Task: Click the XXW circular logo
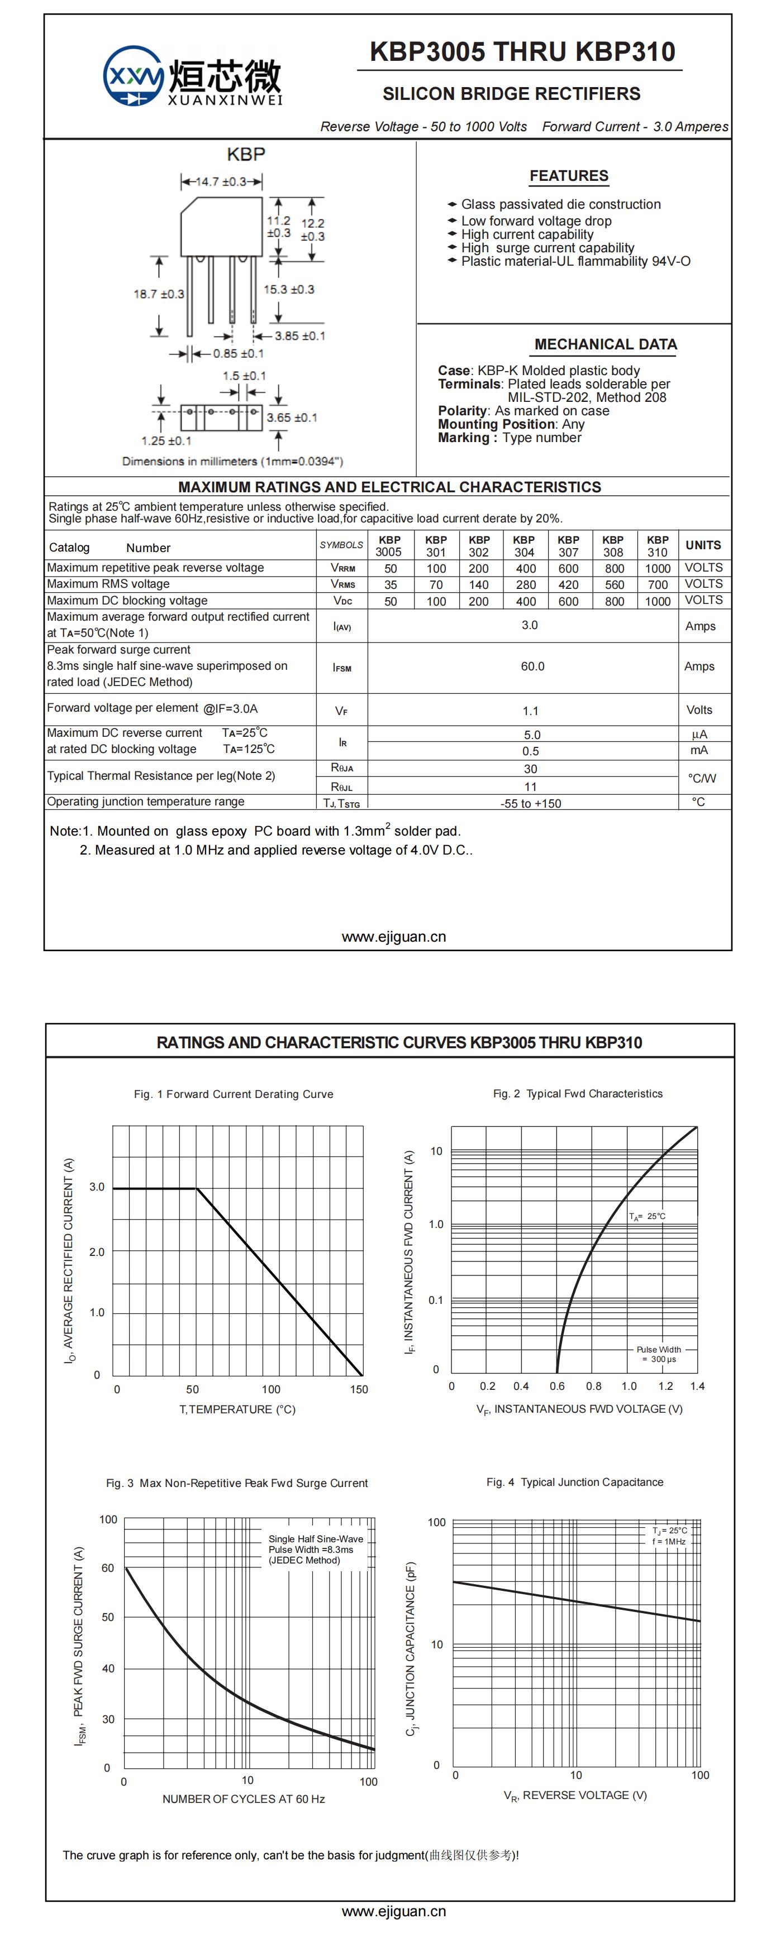[x=133, y=76]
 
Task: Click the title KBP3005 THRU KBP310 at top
[x=522, y=52]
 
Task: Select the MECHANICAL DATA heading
[x=605, y=344]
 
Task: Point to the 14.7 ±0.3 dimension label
[x=221, y=181]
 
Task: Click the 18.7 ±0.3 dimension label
[x=159, y=294]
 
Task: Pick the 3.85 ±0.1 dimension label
[x=299, y=335]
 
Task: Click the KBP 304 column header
[x=524, y=545]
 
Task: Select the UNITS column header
[x=703, y=545]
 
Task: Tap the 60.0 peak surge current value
[x=532, y=666]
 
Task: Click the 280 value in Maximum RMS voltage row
[x=525, y=584]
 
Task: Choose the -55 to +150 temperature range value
[x=531, y=803]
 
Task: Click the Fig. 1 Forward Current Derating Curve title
[x=234, y=1094]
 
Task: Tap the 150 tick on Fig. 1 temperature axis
[x=359, y=1389]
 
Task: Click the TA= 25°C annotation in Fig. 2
[x=648, y=1216]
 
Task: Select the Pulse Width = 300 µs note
[x=659, y=1354]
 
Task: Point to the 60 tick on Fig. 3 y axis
[x=108, y=1568]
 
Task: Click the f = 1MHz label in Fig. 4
[x=669, y=1542]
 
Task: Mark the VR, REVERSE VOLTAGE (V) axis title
[x=575, y=1796]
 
